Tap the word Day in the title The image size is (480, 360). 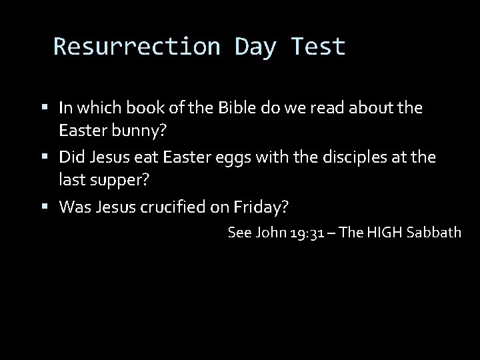257,47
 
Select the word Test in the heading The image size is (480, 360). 319,47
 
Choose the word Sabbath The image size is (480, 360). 433,233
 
